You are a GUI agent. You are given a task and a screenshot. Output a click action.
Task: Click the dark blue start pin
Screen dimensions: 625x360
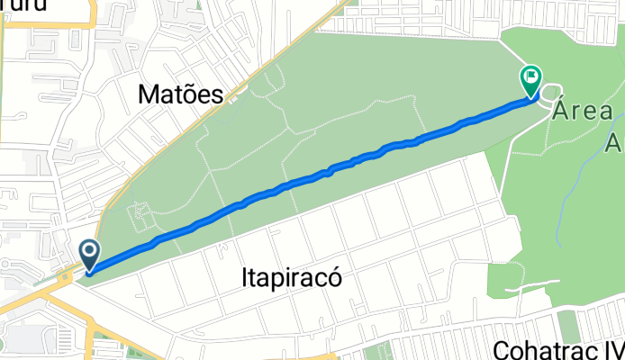click(90, 254)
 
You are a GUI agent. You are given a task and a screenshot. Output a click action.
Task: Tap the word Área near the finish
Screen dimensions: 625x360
click(583, 112)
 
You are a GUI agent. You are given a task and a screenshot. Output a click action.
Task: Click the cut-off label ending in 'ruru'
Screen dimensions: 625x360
click(36, 7)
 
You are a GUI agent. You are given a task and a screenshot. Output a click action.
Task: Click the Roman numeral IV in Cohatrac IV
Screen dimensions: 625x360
click(609, 348)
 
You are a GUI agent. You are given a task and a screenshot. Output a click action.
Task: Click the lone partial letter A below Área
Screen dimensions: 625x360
click(615, 141)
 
